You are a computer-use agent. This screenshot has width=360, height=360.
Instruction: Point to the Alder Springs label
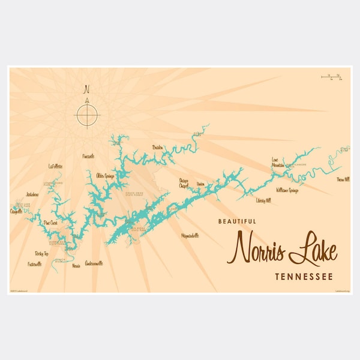pyautogui.click(x=106, y=176)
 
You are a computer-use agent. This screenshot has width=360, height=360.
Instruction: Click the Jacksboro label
pyautogui.click(x=32, y=194)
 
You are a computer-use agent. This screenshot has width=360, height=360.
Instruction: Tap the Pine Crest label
pyautogui.click(x=50, y=223)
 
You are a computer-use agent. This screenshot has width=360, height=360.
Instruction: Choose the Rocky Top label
pyautogui.click(x=42, y=254)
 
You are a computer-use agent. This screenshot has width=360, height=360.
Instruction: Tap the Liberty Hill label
pyautogui.click(x=263, y=200)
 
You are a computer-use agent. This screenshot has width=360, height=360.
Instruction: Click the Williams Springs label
pyautogui.click(x=287, y=190)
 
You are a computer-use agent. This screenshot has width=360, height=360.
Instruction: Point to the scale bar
pyautogui.click(x=331, y=76)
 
